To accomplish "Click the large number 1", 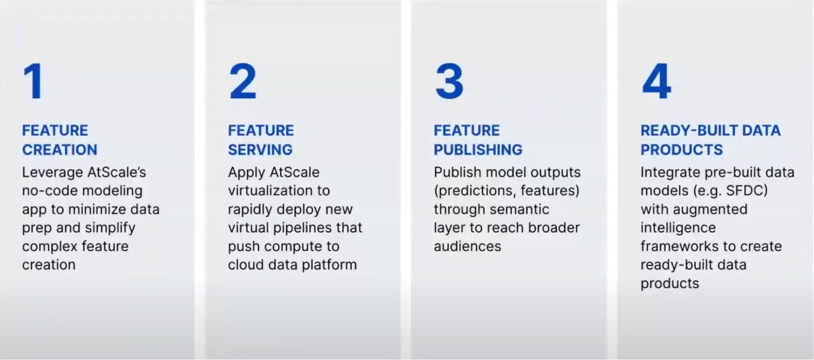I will tap(33, 81).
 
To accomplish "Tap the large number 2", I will tap(243, 81).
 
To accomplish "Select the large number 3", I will tap(449, 81).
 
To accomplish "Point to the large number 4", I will tap(656, 81).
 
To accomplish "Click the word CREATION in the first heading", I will tap(59, 150).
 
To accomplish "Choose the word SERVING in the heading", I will tap(260, 150).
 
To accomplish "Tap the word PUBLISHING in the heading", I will tap(478, 150).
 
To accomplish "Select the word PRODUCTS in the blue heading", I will tap(682, 150).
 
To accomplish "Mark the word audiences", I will tap(467, 246).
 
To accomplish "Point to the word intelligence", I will tap(678, 228).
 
